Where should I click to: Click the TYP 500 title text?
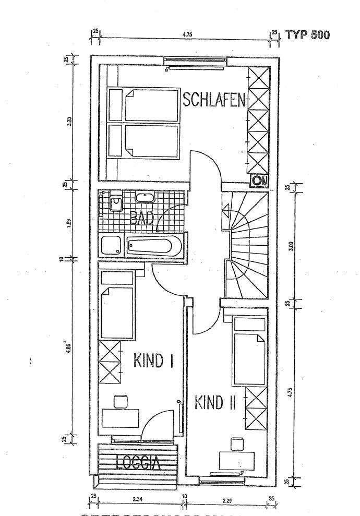click(307, 35)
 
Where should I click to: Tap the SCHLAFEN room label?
click(213, 100)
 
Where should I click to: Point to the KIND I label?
click(153, 361)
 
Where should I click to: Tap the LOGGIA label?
click(138, 462)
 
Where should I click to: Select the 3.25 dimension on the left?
click(69, 123)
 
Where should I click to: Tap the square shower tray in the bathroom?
click(111, 246)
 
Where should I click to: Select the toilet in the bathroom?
click(115, 202)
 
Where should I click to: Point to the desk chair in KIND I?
click(121, 401)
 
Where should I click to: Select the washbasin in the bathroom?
click(143, 198)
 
